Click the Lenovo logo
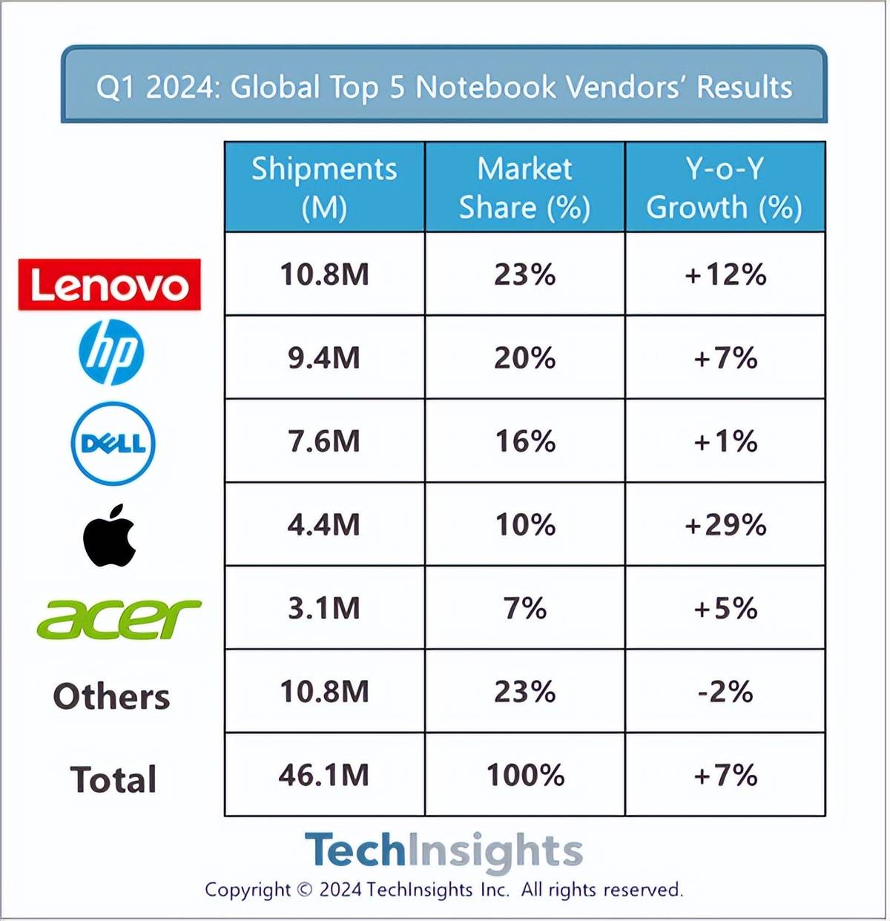click(110, 285)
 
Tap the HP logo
click(111, 352)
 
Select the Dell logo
click(113, 443)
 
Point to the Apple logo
click(110, 535)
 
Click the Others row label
click(112, 697)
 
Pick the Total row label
click(113, 780)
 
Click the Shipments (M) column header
click(325, 188)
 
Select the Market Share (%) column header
click(525, 188)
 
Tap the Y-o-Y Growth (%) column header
click(725, 188)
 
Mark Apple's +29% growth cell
click(725, 525)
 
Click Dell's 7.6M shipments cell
click(325, 442)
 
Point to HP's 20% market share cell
click(525, 358)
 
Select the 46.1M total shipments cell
click(325, 776)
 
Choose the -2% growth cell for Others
click(725, 692)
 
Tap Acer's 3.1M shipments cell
click(325, 609)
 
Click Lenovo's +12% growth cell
click(725, 275)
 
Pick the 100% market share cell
click(525, 776)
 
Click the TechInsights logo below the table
click(444, 851)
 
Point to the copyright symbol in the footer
click(305, 890)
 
